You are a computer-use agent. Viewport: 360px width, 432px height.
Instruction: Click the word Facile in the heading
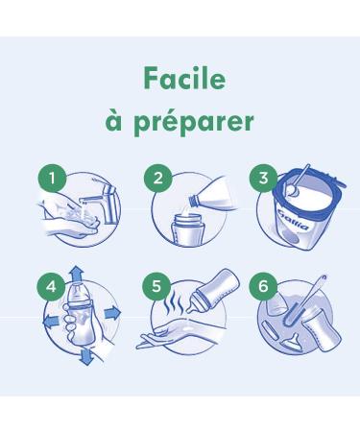[184, 78]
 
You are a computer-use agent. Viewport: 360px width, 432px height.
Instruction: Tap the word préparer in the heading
[194, 122]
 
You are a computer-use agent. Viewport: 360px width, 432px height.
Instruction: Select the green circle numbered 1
[52, 178]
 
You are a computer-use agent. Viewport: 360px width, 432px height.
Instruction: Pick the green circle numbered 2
[158, 178]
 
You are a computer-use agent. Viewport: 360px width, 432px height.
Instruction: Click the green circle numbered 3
[263, 178]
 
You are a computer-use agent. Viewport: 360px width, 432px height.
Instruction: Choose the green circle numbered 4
[51, 286]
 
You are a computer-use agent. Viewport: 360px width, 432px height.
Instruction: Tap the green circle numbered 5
[156, 285]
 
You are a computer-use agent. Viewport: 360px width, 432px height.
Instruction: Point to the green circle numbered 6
[263, 285]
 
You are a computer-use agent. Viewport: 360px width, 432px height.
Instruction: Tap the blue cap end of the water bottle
[193, 202]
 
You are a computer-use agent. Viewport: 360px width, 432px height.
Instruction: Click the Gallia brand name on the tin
[294, 220]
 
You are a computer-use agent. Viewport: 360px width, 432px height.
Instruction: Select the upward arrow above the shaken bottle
[76, 275]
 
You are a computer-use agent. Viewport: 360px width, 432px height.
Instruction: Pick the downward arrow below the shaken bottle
[86, 357]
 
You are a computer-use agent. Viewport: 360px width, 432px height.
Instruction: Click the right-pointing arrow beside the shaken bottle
[112, 312]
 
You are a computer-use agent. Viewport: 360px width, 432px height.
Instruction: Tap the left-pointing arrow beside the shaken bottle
[52, 321]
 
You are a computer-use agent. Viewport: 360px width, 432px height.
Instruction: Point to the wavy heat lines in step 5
[174, 304]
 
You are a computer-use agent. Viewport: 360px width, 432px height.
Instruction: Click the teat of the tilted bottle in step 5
[192, 306]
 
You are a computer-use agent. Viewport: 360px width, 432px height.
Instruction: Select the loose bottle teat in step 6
[290, 340]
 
